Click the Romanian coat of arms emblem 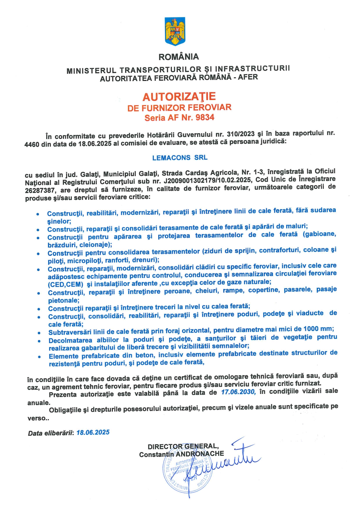[x=175, y=31]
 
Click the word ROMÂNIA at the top [x=179, y=57]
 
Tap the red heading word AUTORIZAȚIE [x=179, y=96]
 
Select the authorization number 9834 [x=205, y=117]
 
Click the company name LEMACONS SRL [x=180, y=158]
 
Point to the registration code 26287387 [x=40, y=190]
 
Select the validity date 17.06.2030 [x=238, y=392]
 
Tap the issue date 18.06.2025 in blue [x=93, y=432]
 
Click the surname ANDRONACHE [x=200, y=454]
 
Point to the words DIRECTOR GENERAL [x=183, y=446]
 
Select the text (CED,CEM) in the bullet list [x=66, y=284]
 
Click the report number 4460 [x=32, y=144]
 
